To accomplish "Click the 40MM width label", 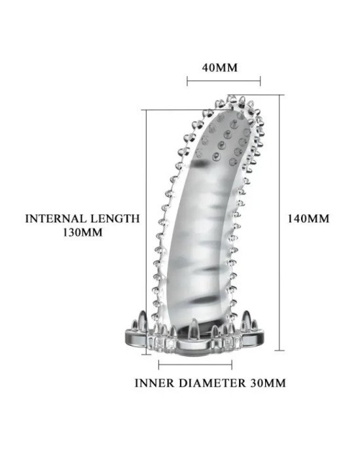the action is [219, 68].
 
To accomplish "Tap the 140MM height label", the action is [308, 218].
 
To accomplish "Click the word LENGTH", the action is [115, 218].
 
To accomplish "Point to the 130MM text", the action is [82, 232].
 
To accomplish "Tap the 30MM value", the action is [268, 383].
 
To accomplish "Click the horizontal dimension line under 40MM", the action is [224, 81].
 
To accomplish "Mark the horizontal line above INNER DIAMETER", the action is [195, 365].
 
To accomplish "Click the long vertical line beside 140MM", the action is [279, 222].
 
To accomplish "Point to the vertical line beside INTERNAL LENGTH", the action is [146, 232].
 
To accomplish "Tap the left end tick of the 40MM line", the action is [187, 81].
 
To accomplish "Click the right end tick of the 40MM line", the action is [261, 81].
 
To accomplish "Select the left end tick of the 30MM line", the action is [159, 365].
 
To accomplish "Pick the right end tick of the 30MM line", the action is [232, 365].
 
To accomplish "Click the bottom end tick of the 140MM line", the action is [279, 351].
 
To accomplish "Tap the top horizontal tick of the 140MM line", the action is [256, 95].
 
